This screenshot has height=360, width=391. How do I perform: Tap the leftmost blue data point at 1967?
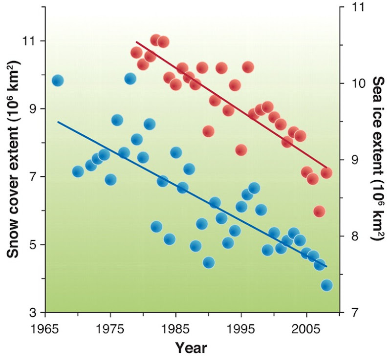click(x=58, y=81)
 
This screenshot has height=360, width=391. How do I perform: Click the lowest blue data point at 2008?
click(x=326, y=285)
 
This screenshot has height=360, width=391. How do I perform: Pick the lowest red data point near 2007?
click(x=320, y=212)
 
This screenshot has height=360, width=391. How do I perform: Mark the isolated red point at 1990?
click(x=208, y=131)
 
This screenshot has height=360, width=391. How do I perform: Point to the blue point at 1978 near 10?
click(x=130, y=79)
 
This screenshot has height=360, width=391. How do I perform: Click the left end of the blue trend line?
click(x=58, y=122)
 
